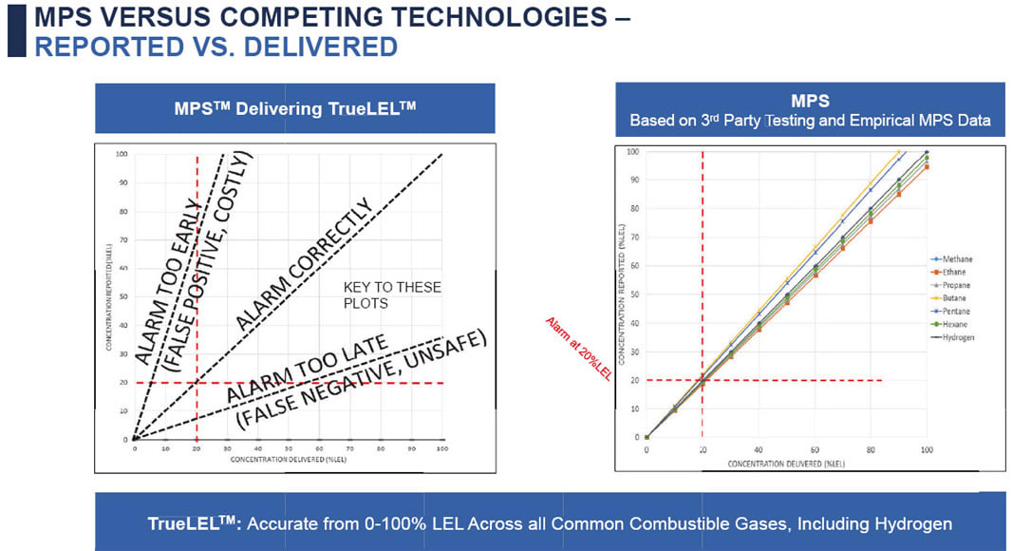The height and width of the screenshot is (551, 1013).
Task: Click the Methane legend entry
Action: coord(953,258)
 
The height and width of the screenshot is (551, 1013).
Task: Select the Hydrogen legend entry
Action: coord(953,336)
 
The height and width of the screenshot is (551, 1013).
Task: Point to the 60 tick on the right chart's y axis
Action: coord(633,266)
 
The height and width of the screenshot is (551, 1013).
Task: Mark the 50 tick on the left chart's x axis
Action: coord(289,449)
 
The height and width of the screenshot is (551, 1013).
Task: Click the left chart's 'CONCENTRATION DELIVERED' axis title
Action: coord(286,459)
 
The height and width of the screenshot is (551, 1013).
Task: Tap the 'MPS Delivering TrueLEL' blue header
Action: coord(294,108)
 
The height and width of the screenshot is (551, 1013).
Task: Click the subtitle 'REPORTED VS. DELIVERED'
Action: coord(216,47)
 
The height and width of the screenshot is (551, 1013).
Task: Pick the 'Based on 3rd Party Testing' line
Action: coord(811,121)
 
